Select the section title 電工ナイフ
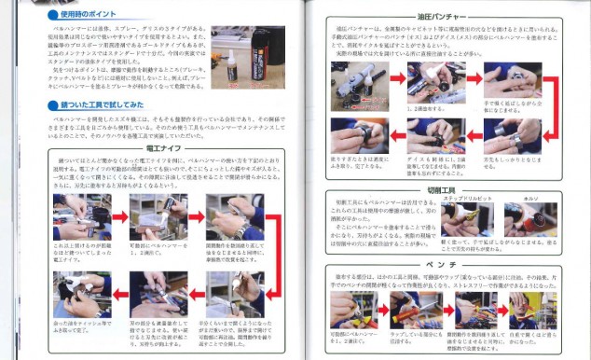162,146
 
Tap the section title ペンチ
444,265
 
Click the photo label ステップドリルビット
463,199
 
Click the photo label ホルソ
531,199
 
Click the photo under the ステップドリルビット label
466,221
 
